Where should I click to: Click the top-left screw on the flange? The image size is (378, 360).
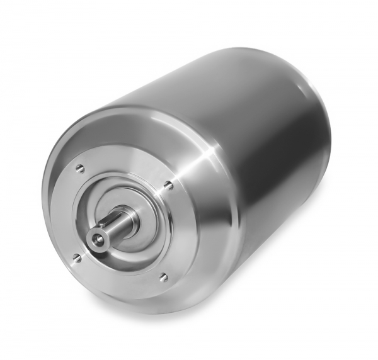coord(79,168)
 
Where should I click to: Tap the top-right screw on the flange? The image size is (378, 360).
coord(168,184)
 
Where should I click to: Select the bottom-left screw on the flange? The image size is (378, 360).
coord(77,257)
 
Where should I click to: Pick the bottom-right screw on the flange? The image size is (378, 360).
coord(163,277)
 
